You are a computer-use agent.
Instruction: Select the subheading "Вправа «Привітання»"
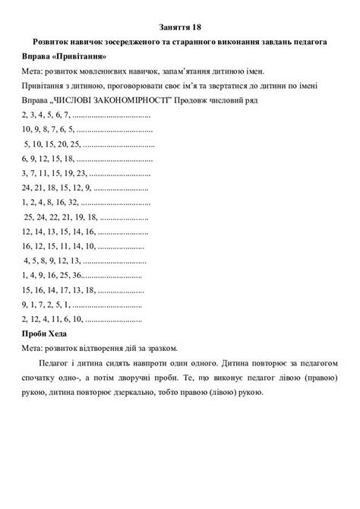65,56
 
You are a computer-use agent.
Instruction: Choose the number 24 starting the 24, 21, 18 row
28,188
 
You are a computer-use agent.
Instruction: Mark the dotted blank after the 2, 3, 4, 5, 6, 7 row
113,115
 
